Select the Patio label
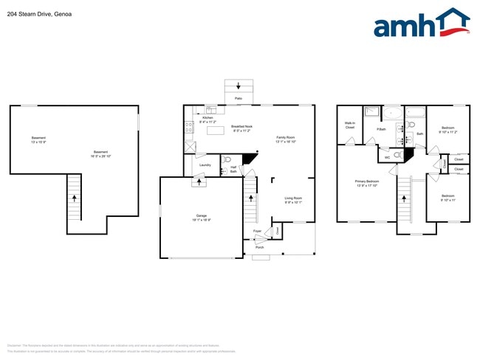(x=238, y=97)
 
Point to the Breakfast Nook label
(x=241, y=128)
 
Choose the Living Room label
(x=293, y=199)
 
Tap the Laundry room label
(x=205, y=165)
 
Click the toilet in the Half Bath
(x=228, y=159)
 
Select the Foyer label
(x=257, y=232)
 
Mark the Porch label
(x=259, y=247)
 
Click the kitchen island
(x=216, y=131)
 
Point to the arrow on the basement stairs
(x=74, y=199)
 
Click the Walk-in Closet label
(x=350, y=126)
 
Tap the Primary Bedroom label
(x=367, y=183)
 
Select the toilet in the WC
(x=398, y=155)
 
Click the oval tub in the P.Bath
(x=391, y=113)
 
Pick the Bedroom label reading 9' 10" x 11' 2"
(x=448, y=130)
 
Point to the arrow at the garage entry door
(x=198, y=181)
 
